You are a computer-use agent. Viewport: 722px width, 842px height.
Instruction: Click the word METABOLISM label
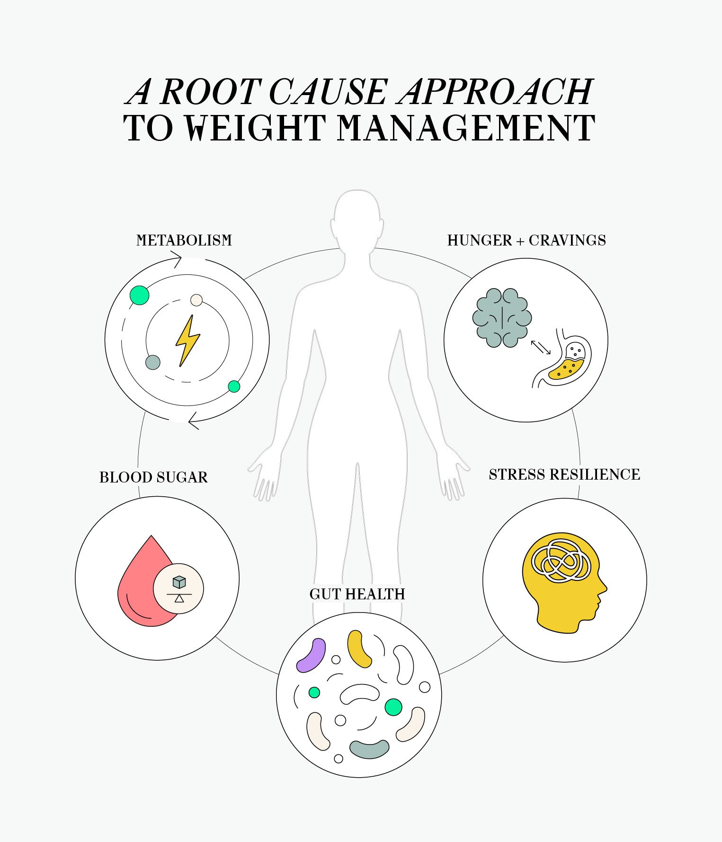(x=184, y=240)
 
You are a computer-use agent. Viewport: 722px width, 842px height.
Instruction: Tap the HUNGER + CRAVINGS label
(x=526, y=240)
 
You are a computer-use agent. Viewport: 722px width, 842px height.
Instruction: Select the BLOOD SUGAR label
(x=153, y=477)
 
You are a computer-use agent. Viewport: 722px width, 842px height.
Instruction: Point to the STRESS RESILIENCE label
(x=564, y=474)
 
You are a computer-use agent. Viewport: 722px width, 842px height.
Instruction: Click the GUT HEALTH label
(x=357, y=594)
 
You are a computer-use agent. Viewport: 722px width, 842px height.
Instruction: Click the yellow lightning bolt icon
(x=187, y=340)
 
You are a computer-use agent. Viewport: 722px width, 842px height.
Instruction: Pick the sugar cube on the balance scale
(x=179, y=582)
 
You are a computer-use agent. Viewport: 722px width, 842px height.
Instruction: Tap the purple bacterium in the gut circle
(x=311, y=656)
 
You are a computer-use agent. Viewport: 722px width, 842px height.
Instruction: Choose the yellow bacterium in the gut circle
(x=359, y=648)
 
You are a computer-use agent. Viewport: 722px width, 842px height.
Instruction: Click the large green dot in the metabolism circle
(x=140, y=296)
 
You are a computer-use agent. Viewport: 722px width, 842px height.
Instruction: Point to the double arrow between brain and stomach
(x=541, y=347)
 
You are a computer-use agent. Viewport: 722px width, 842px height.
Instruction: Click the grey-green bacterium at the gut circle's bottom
(x=369, y=749)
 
